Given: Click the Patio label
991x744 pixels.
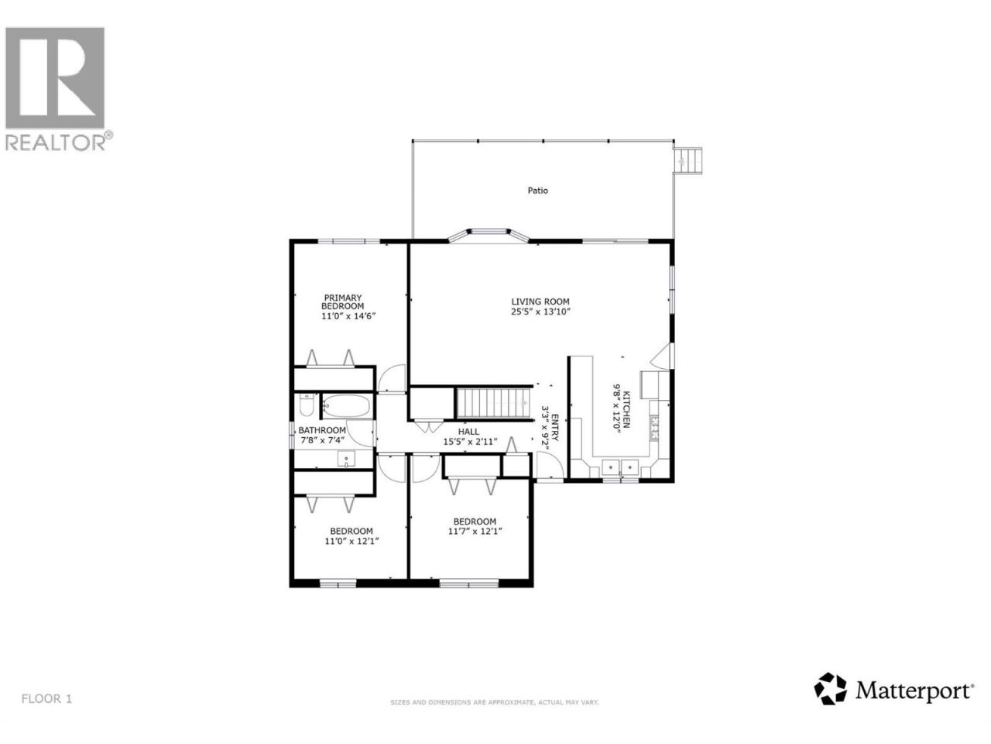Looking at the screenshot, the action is tap(538, 191).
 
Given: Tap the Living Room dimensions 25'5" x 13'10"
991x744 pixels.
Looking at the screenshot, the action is tap(540, 312).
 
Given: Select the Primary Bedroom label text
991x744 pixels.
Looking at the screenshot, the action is tap(343, 301).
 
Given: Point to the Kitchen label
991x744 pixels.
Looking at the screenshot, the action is tap(626, 409).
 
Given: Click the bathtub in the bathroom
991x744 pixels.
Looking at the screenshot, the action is tap(347, 405).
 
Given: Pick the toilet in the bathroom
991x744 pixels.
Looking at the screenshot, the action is tap(307, 405).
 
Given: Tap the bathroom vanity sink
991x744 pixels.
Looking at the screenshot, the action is tap(346, 459).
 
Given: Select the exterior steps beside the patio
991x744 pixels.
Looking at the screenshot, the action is tap(688, 160).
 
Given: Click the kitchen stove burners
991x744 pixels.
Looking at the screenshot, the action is tap(654, 429).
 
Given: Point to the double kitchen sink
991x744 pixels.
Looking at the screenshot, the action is tap(620, 467).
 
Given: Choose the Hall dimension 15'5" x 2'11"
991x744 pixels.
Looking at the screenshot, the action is tap(470, 441).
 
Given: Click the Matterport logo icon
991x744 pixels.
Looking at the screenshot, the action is tap(830, 701).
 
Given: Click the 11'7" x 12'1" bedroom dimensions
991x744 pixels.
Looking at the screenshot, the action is tap(475, 531).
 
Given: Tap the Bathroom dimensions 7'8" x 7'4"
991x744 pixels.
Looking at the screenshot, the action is tap(322, 439).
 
